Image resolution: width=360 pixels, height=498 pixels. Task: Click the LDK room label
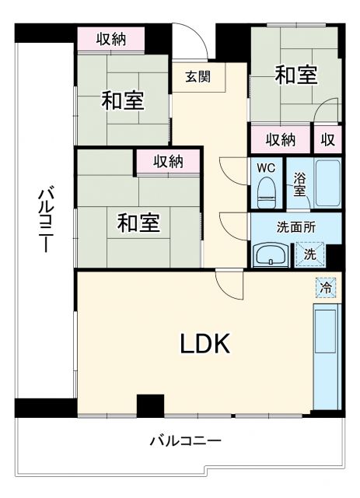pos(205,343)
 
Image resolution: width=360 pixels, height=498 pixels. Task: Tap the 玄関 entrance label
pos(198,76)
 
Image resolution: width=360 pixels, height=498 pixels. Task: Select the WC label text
pos(266,167)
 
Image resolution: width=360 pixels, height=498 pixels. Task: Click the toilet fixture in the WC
pos(267,189)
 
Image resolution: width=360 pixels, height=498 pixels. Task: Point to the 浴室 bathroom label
pos(299,184)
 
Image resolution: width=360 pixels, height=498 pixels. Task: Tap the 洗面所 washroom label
pos(295,227)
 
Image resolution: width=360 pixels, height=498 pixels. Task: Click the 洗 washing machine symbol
pos(309,254)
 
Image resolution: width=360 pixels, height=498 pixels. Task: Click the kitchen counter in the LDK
pos(326,355)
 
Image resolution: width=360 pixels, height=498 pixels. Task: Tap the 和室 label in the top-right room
pos(295,75)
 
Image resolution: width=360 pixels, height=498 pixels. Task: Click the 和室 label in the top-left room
pos(124,100)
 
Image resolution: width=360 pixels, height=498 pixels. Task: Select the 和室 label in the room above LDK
pos(138,223)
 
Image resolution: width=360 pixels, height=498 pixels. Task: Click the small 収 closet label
pos(328,140)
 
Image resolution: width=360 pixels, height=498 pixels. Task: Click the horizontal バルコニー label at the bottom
pos(185,441)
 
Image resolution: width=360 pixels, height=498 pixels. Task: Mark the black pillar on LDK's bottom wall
pos(150,405)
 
